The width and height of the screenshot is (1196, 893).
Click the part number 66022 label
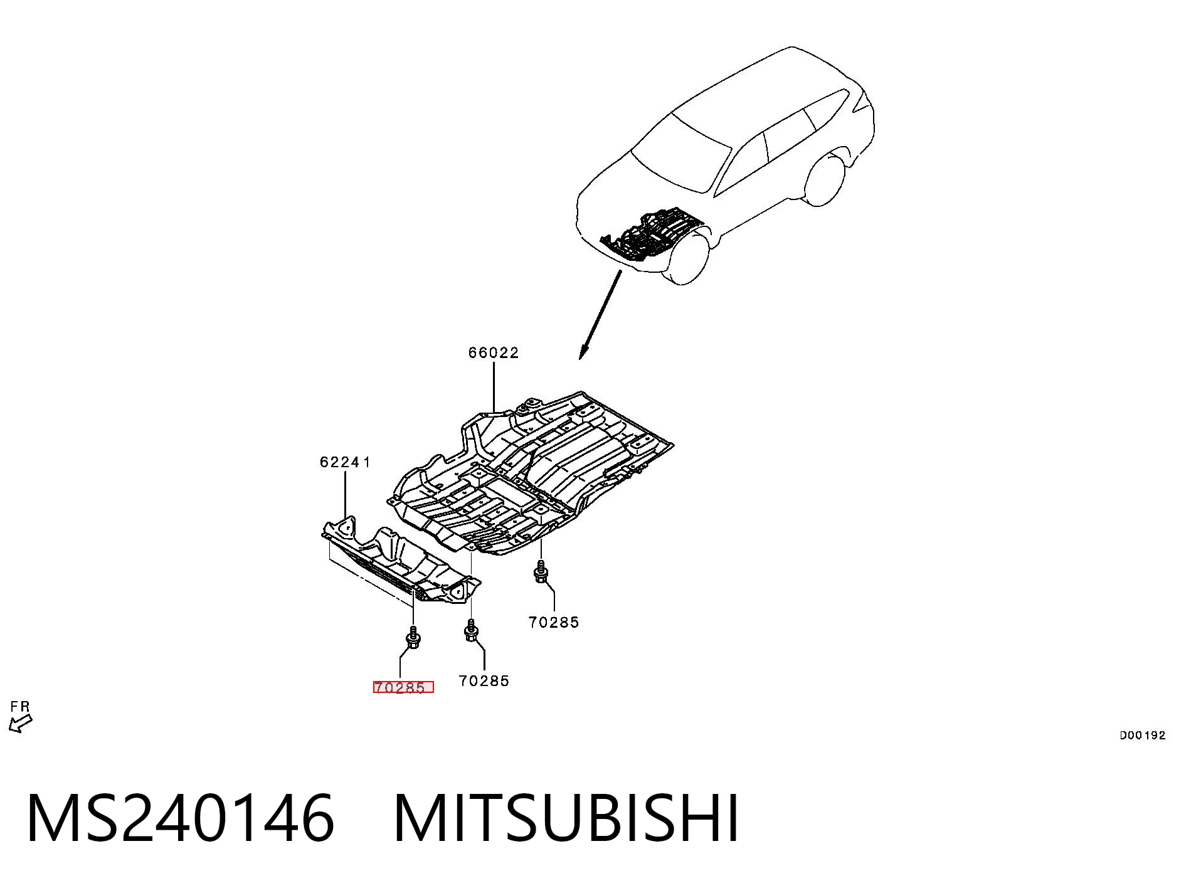[494, 353]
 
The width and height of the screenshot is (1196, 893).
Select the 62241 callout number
[346, 462]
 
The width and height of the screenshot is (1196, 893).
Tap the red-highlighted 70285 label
[403, 687]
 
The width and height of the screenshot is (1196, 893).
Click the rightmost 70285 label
[554, 622]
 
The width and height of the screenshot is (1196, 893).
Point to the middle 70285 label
[484, 681]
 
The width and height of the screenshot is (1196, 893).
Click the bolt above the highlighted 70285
[413, 637]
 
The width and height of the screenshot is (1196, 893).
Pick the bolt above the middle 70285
[472, 630]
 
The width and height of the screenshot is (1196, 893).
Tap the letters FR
[20, 707]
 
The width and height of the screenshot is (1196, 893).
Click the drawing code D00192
[1143, 736]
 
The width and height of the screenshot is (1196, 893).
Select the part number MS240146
[181, 818]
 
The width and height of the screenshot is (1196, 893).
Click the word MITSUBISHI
[566, 818]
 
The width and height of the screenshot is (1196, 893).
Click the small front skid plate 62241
[401, 560]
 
